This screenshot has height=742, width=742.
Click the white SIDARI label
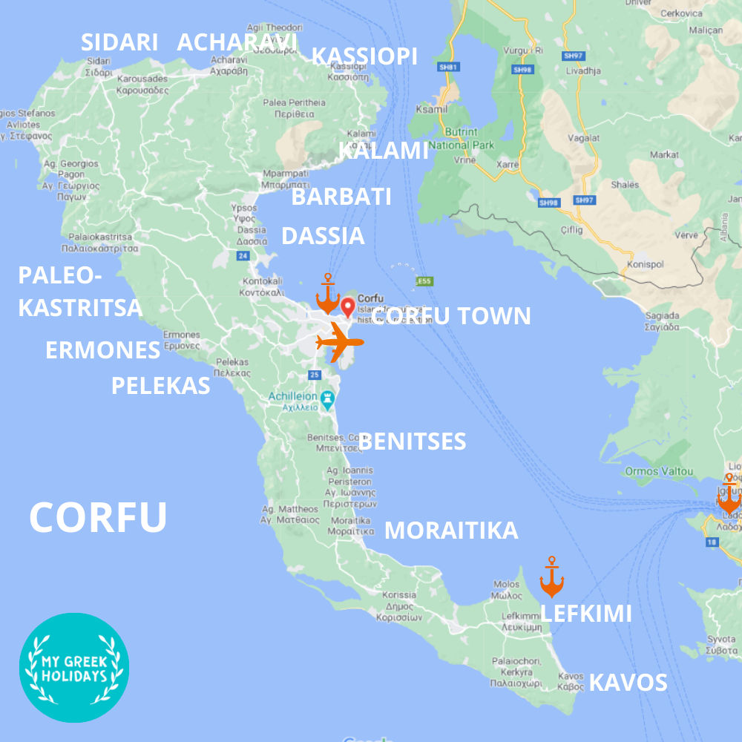tap(119, 42)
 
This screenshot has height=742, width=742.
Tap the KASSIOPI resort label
tap(364, 56)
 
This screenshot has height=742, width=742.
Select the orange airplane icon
tap(340, 343)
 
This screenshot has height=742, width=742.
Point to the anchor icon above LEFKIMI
tap(551, 577)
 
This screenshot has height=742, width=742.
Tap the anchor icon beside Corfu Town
tap(327, 295)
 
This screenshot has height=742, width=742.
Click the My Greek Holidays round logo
tap(74, 668)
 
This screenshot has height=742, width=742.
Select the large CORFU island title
tap(98, 517)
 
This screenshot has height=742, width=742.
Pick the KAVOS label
tap(628, 683)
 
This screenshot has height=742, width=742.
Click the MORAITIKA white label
tap(451, 531)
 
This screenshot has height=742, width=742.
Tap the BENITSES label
tap(413, 441)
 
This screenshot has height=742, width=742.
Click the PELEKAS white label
tap(160, 386)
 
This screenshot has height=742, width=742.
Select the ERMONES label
tap(102, 350)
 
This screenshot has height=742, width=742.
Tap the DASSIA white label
tap(323, 236)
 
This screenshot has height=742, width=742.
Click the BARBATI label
tap(341, 197)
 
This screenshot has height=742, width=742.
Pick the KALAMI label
tap(384, 150)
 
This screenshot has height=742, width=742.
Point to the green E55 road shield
tap(424, 281)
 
